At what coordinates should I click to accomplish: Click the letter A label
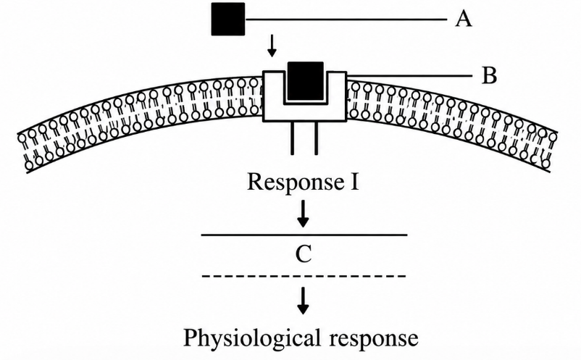(464, 19)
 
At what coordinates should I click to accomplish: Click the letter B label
(490, 75)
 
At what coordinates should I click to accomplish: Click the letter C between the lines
(304, 254)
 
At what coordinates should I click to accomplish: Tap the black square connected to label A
(228, 20)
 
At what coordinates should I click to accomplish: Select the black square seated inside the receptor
(305, 81)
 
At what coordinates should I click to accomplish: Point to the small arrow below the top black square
(272, 46)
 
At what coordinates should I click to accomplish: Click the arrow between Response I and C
(303, 214)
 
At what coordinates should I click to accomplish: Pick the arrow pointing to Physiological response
(303, 301)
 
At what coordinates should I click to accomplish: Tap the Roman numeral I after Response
(354, 182)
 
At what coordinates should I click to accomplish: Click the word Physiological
(251, 338)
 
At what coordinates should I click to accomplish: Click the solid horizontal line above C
(304, 235)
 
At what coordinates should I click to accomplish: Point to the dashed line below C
(304, 276)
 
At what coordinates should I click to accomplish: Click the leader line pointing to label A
(346, 19)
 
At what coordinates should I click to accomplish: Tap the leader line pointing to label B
(410, 76)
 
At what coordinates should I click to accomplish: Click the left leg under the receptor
(293, 138)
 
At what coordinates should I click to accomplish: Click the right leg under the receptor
(316, 138)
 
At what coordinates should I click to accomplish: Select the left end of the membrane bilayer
(23, 152)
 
